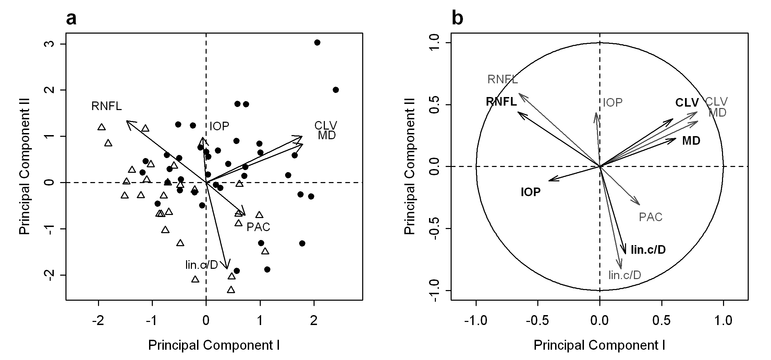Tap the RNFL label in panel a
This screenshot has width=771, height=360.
point(107,106)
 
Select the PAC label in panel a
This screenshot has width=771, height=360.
point(258,227)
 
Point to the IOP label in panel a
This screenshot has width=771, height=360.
point(219,127)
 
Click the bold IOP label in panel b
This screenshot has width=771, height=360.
point(530,192)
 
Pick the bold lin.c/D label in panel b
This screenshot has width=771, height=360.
point(648,250)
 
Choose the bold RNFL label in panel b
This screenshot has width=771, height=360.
point(501,102)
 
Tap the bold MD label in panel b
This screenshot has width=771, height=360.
point(691,141)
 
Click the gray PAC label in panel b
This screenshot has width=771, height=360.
point(650,217)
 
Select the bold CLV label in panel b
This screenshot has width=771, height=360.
point(687,103)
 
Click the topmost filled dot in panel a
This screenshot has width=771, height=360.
point(317,43)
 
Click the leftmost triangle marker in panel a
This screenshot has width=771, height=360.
point(101,127)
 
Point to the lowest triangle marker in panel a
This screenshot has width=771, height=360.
point(231,290)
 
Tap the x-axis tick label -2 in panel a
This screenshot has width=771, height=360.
point(98,321)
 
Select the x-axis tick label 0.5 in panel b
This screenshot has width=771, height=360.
point(661,321)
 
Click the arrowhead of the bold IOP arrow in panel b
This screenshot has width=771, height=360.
point(550,180)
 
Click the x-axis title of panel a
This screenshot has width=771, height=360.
point(214,345)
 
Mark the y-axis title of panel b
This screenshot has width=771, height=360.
point(409,166)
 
